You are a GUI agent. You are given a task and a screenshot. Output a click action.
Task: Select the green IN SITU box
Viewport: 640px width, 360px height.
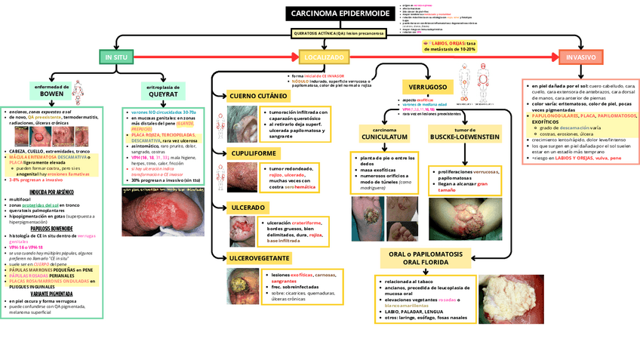tap(116, 57)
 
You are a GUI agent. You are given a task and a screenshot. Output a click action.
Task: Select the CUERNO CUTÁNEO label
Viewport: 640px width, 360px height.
tap(257, 97)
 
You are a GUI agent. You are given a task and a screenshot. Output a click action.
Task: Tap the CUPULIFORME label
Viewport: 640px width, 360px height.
tap(251, 152)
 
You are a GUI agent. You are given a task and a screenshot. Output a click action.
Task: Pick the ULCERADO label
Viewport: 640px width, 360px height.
tap(247, 207)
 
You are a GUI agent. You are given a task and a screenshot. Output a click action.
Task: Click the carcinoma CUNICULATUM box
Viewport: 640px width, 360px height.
tap(384, 134)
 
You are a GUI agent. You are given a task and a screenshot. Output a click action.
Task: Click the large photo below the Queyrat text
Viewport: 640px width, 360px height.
tap(162, 213)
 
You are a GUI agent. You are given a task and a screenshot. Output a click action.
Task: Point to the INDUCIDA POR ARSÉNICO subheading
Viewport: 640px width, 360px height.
tap(51, 192)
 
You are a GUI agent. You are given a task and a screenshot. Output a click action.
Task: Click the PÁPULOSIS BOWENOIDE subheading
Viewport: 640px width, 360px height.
tap(51, 228)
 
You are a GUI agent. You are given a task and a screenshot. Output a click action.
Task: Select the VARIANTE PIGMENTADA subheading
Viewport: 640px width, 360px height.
tap(51, 294)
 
